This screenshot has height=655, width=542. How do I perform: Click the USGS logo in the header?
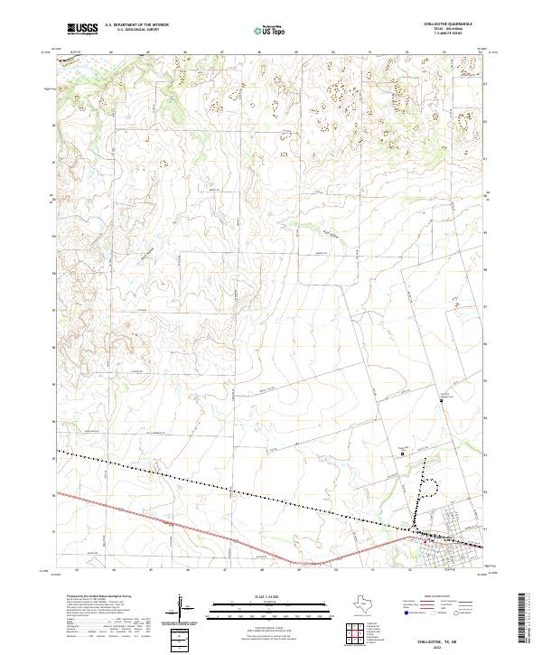click(x=82, y=29)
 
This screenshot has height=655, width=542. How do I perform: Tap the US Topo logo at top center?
click(x=271, y=30)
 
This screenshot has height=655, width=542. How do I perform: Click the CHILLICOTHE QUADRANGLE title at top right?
click(x=448, y=24)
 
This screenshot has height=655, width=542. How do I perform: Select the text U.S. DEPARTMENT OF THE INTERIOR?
click(x=136, y=24)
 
